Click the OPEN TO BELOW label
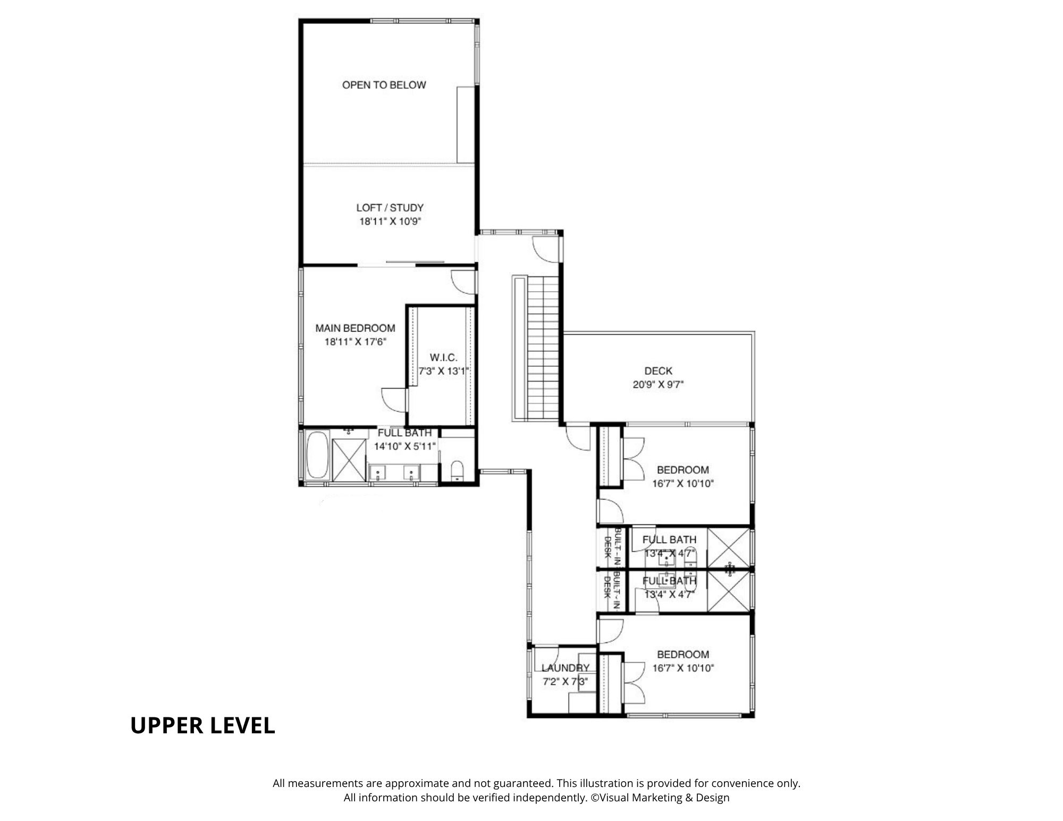point(384,85)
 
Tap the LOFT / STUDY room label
point(390,208)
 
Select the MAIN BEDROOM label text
point(355,328)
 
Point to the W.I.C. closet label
point(443,358)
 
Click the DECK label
point(658,371)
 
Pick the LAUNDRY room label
point(566,668)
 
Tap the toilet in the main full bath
point(457,471)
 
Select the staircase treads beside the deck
point(543,348)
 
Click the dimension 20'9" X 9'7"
point(658,385)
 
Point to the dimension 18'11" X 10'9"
point(390,222)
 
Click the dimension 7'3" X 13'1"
point(443,371)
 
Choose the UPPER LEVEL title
point(203,725)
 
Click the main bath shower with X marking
point(349,461)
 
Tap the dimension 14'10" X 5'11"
point(405,446)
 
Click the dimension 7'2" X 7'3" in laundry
point(566,682)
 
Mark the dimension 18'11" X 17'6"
point(355,342)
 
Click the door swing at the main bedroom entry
point(463,282)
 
